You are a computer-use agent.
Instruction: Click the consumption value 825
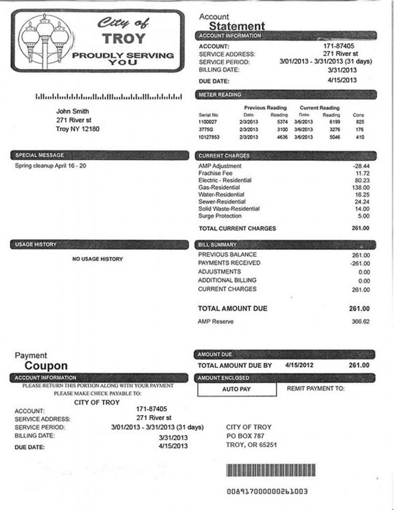click(360, 122)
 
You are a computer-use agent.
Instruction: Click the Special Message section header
click(40, 155)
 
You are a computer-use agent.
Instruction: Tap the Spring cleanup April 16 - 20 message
click(50, 166)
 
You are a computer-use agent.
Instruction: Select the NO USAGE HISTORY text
click(98, 259)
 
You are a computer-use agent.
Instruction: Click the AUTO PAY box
click(236, 389)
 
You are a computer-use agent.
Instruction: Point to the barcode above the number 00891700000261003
click(270, 471)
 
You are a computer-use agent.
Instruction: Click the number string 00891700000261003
click(267, 492)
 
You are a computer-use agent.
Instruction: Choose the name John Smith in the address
click(73, 111)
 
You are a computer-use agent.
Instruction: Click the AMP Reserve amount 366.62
click(360, 322)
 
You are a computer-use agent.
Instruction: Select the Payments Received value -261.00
click(359, 263)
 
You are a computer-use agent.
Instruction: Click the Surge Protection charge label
click(220, 216)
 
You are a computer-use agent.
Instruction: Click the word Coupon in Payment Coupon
click(46, 366)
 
